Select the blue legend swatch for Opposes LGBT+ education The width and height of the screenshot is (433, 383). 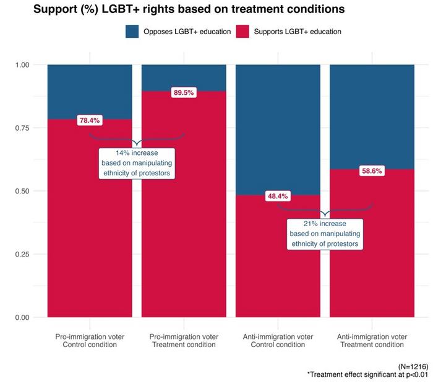133,31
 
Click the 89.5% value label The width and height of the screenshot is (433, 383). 184,92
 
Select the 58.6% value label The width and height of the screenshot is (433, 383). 372,170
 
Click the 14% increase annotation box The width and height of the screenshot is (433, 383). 137,164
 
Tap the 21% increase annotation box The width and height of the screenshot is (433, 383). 325,234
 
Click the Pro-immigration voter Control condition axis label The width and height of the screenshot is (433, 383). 90,340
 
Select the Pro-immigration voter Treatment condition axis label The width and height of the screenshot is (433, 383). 184,340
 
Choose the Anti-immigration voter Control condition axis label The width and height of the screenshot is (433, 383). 278,340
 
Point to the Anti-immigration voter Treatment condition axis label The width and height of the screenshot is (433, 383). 372,340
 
